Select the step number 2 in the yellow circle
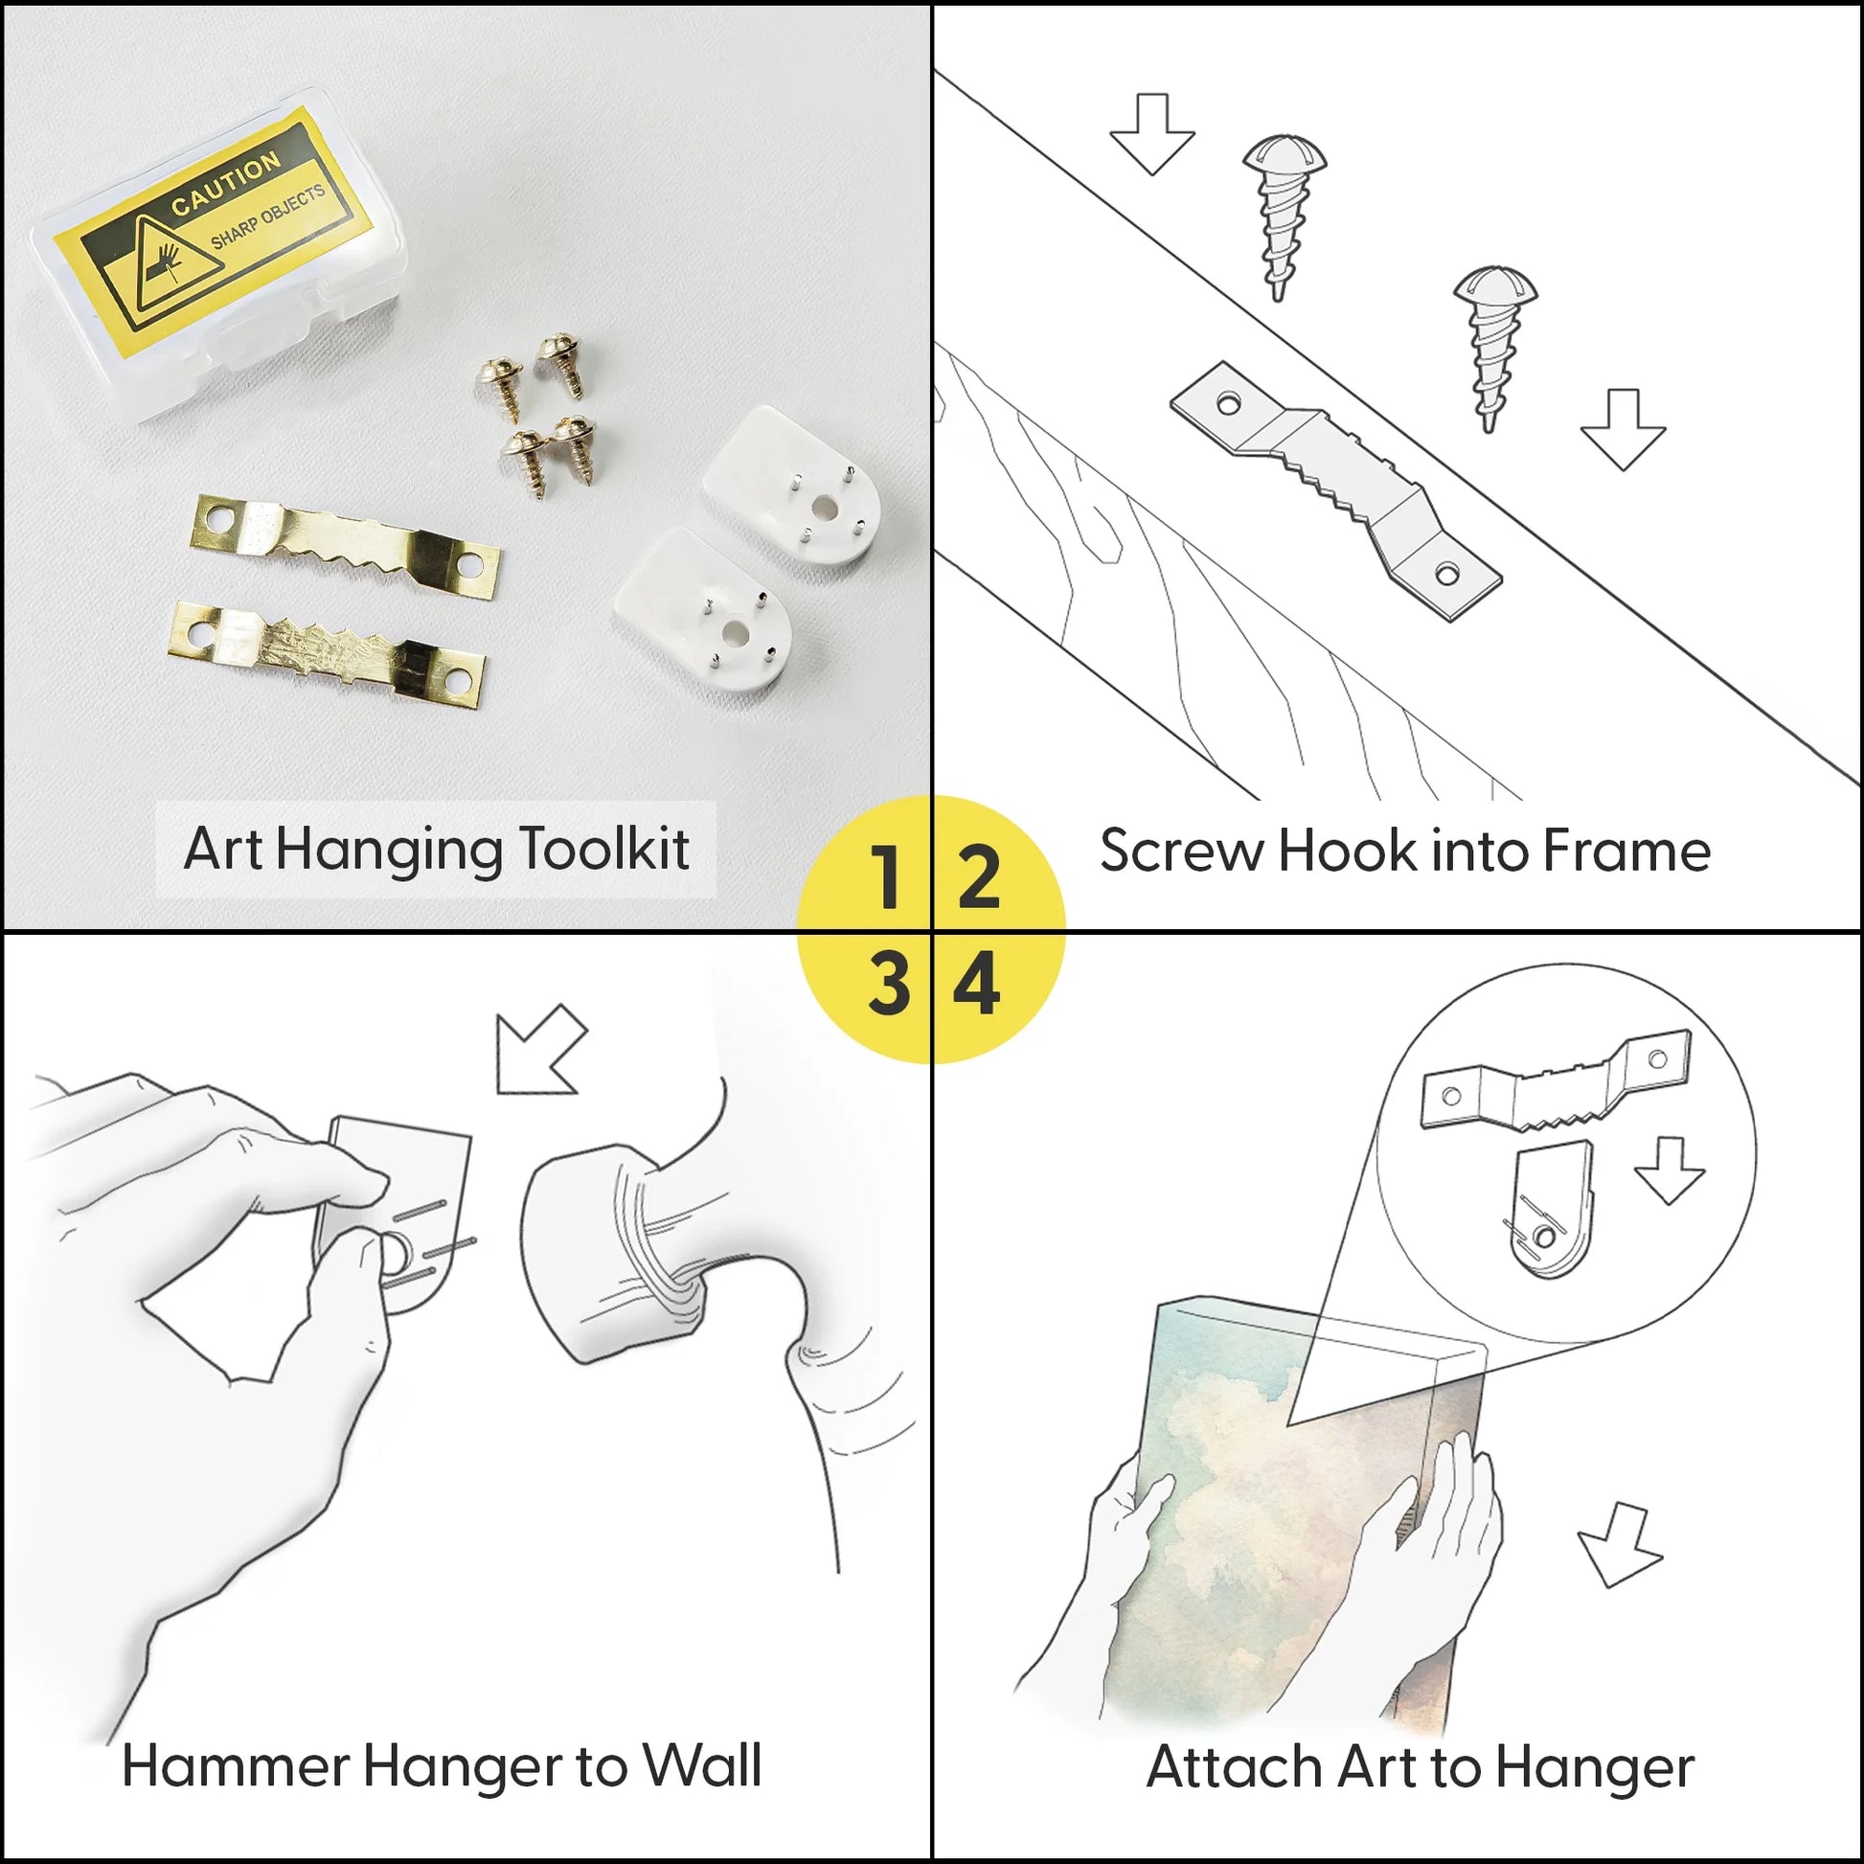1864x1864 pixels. (977, 876)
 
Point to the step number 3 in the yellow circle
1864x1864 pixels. (889, 985)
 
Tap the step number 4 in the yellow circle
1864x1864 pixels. (976, 985)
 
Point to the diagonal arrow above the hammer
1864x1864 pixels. (540, 1050)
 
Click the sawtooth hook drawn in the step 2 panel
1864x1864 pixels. (1336, 491)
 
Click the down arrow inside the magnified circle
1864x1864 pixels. (1671, 1169)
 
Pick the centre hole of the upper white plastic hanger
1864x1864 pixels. (826, 505)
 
